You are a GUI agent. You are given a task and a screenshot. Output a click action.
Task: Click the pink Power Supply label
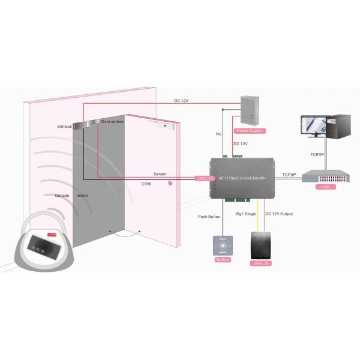pos(250,130)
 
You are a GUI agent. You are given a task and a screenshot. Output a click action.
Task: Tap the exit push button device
pos(223,246)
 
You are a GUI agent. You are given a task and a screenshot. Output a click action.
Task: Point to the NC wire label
pos(218,134)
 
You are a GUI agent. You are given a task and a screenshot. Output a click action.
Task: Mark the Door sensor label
pos(113,122)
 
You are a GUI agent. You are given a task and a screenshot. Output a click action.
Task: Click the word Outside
pos(62,196)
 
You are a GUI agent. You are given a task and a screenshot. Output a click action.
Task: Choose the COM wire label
pos(146,184)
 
